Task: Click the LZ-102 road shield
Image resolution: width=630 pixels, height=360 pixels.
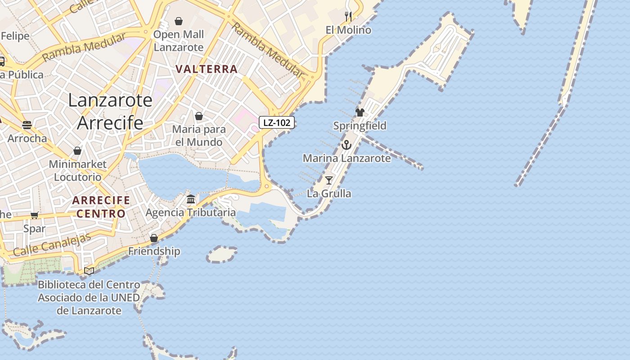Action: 276,122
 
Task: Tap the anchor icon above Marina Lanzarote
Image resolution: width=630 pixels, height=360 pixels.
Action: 346,145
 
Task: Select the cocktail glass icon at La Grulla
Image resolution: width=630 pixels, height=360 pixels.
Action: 329,180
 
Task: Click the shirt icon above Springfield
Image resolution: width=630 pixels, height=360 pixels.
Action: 360,112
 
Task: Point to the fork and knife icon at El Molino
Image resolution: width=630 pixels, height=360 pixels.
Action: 348,17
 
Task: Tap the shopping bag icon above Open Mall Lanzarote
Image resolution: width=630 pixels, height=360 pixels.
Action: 179,21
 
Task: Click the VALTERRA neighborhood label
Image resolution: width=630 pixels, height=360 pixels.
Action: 207,69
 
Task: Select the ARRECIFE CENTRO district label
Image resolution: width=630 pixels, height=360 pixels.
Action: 101,207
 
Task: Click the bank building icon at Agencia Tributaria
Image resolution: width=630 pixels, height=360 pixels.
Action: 191,199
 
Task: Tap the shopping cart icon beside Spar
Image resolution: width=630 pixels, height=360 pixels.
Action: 35,216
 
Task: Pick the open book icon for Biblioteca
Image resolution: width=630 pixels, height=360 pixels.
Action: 89,271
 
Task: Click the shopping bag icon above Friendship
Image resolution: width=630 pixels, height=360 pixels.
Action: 154,238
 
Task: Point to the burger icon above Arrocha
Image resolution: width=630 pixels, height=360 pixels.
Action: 27,125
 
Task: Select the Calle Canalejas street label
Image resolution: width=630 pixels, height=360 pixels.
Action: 52,245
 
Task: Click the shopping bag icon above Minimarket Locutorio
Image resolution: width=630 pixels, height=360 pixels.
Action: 77,151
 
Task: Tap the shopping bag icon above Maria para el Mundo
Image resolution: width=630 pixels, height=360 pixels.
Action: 199,116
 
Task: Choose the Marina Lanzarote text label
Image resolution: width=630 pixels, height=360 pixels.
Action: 346,158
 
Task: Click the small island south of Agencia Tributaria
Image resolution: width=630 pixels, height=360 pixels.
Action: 222,254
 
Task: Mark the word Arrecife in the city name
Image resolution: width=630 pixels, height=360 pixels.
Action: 110,122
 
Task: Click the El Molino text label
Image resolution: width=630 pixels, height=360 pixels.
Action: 349,30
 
